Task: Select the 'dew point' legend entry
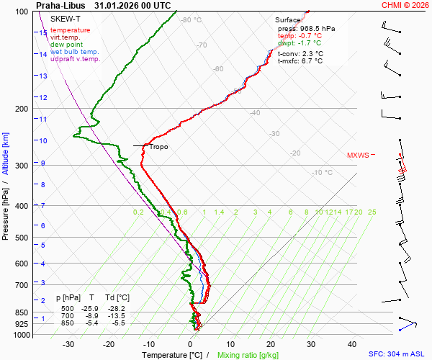66,45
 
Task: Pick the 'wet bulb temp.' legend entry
74,52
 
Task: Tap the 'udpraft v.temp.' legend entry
75,59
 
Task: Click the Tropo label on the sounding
159,147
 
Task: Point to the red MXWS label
358,155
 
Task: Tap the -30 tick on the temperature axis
68,344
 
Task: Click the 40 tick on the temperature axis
352,344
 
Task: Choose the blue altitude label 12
43,98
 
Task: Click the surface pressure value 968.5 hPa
306,28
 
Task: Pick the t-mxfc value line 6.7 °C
300,61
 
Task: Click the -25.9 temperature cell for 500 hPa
91,308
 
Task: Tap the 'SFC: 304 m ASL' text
397,354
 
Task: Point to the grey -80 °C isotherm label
191,20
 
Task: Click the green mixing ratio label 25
372,212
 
